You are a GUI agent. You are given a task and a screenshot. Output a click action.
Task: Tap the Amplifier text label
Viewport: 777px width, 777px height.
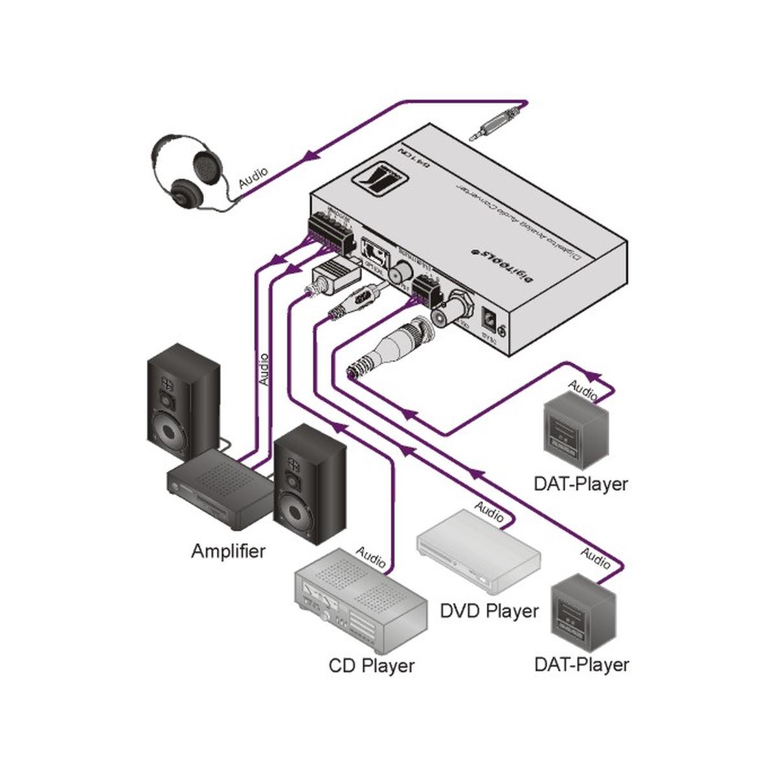click(x=228, y=552)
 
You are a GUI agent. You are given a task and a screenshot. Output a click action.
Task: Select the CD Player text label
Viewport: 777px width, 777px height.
click(x=371, y=666)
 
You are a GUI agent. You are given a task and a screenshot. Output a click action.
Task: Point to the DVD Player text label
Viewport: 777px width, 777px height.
click(x=489, y=611)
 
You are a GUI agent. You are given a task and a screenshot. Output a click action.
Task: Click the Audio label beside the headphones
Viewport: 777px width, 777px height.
click(x=253, y=178)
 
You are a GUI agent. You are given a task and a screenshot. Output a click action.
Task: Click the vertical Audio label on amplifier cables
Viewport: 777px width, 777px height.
click(x=264, y=370)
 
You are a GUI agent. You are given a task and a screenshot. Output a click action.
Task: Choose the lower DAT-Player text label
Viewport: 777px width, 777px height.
click(x=581, y=665)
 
